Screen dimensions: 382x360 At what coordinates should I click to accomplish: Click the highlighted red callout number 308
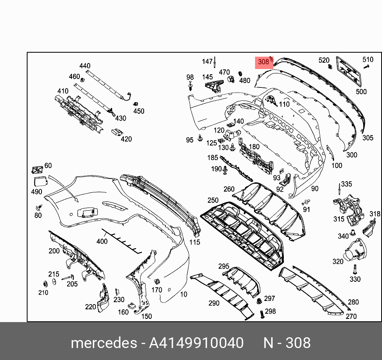click(x=263, y=62)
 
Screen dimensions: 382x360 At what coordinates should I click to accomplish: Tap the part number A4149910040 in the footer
click(x=196, y=343)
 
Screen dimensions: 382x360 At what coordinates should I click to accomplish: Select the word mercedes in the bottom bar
click(x=104, y=343)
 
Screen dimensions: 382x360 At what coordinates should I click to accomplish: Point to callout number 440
click(x=85, y=66)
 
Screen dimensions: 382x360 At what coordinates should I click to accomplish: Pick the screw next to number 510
click(x=366, y=66)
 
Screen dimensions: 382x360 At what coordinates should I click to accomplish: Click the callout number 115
click(x=195, y=242)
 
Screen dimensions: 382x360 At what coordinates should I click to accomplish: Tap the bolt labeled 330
click(x=355, y=269)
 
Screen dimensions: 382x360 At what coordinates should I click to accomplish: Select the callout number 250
click(x=213, y=200)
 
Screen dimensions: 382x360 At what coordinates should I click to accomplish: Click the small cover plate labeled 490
click(x=40, y=182)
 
